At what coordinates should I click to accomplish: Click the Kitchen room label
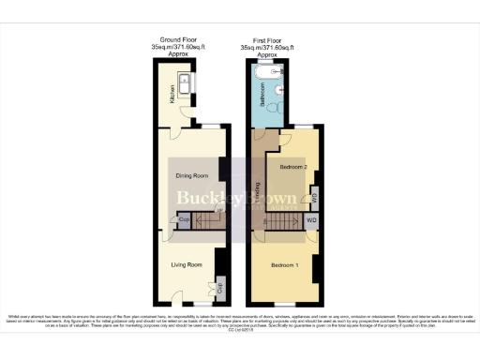[173, 96]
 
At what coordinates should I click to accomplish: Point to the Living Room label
[187, 265]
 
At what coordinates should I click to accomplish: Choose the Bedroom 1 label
[286, 266]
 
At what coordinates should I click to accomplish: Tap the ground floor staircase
[199, 220]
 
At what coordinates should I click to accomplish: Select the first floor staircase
[279, 220]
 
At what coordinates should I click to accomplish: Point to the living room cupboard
[220, 287]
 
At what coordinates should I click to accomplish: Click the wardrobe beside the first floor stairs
[311, 221]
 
